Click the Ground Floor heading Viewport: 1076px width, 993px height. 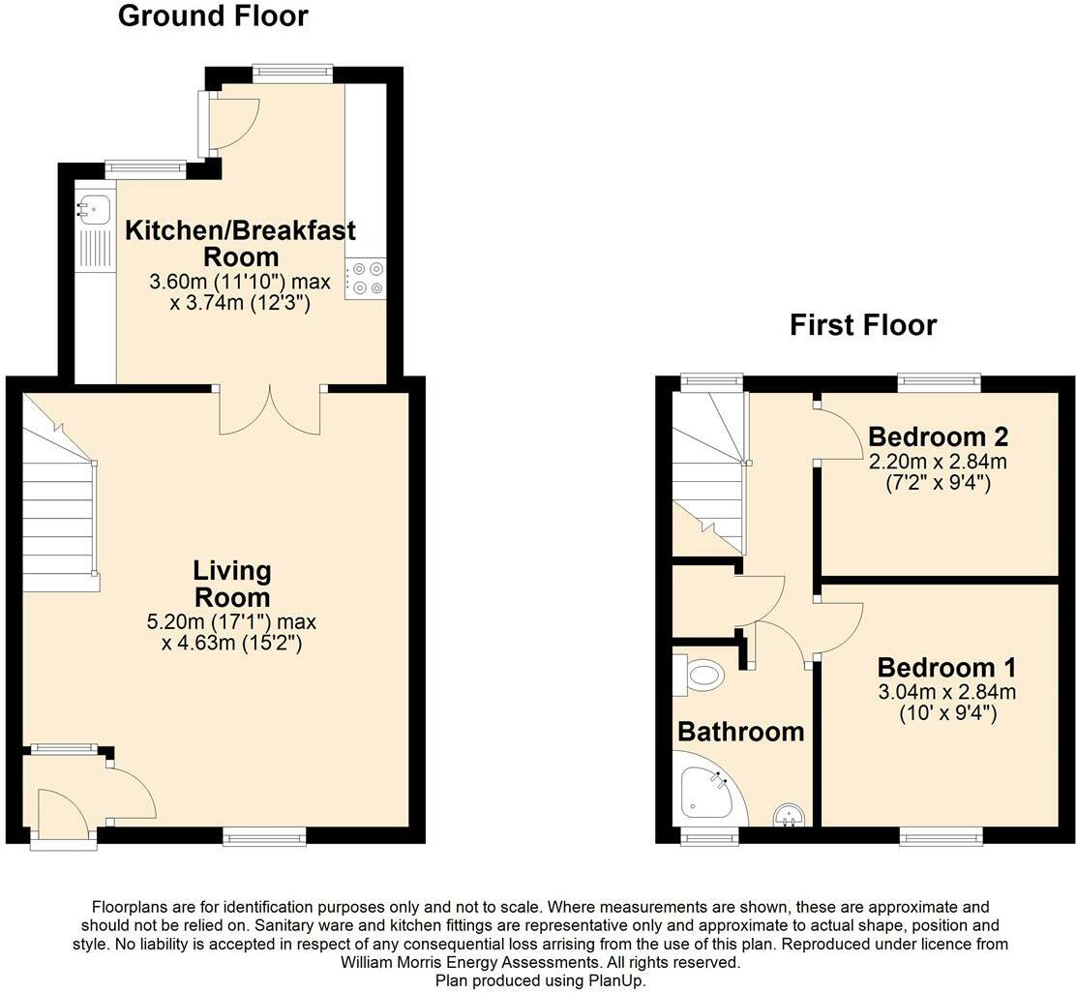click(213, 16)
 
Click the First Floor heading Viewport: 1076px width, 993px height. click(863, 325)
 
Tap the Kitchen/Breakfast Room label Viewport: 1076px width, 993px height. click(241, 243)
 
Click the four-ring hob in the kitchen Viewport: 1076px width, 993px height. click(365, 279)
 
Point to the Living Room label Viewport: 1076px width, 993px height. click(231, 583)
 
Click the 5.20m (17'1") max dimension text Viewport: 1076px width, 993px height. click(232, 621)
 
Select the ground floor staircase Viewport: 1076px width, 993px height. click(58, 503)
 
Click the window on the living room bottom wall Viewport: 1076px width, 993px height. click(264, 836)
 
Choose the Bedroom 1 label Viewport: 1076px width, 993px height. click(934, 668)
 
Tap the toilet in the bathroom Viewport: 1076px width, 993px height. click(702, 674)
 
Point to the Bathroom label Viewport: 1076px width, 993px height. click(740, 732)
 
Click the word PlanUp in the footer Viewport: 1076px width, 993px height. click(615, 980)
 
